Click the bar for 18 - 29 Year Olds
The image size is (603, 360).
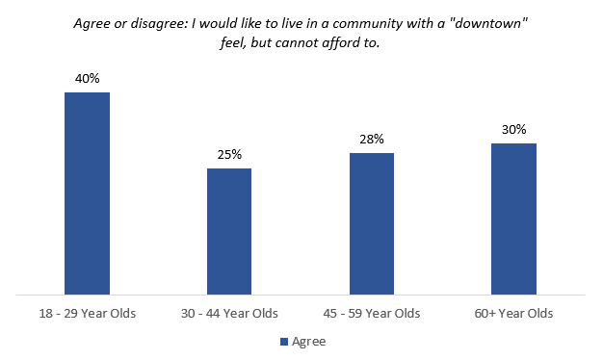(87, 193)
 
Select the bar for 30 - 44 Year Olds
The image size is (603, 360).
(229, 231)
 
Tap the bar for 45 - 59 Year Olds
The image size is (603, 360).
(372, 223)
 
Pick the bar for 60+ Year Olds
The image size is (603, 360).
(513, 219)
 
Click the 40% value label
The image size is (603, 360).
(87, 78)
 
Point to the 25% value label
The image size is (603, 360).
(229, 154)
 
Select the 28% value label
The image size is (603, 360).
(372, 139)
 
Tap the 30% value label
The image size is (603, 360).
(513, 129)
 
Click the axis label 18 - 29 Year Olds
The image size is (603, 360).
(88, 314)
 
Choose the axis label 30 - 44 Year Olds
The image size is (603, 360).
(229, 314)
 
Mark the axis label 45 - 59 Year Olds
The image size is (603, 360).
(372, 314)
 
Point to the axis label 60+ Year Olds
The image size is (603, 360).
(513, 314)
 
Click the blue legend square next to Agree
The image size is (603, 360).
(283, 341)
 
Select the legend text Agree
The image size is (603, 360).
(308, 341)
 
